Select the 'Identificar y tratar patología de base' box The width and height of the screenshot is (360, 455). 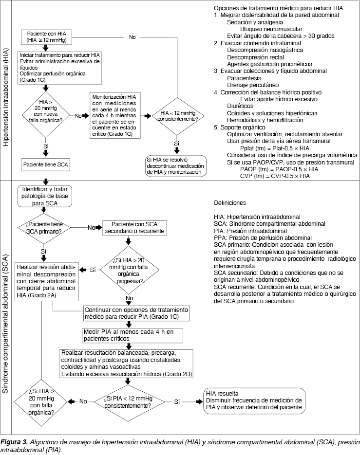[x=44, y=195]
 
